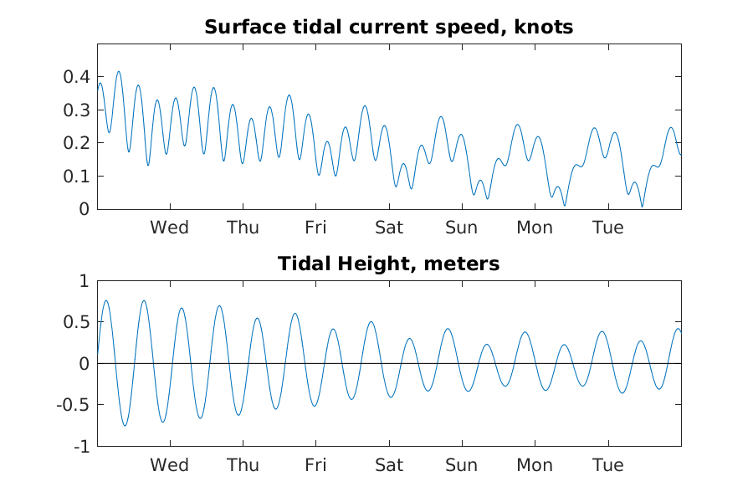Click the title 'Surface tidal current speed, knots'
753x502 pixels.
coord(388,27)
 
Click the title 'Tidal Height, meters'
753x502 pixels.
coord(388,264)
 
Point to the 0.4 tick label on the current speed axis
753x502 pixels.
coord(77,76)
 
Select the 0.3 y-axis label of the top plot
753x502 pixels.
coord(77,110)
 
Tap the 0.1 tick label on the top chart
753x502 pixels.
coord(77,177)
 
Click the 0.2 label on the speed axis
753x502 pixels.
coord(77,143)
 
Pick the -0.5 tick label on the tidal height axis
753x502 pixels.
coord(73,405)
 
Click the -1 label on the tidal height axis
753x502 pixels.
coord(82,447)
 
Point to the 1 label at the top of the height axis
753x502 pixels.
coord(85,281)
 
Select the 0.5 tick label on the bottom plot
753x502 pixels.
coord(77,322)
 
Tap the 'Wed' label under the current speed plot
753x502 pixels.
coord(170,228)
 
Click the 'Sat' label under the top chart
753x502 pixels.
coord(389,228)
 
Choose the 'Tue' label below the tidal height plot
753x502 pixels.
coord(608,465)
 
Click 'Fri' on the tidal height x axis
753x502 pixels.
coord(315,465)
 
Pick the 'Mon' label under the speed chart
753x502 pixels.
coord(535,228)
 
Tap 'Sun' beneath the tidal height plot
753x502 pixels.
coord(462,465)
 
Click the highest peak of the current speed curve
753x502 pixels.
coord(119,72)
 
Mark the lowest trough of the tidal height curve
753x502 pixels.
coord(125,426)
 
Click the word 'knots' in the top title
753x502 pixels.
coord(544,27)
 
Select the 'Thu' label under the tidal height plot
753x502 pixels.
coord(243,465)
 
